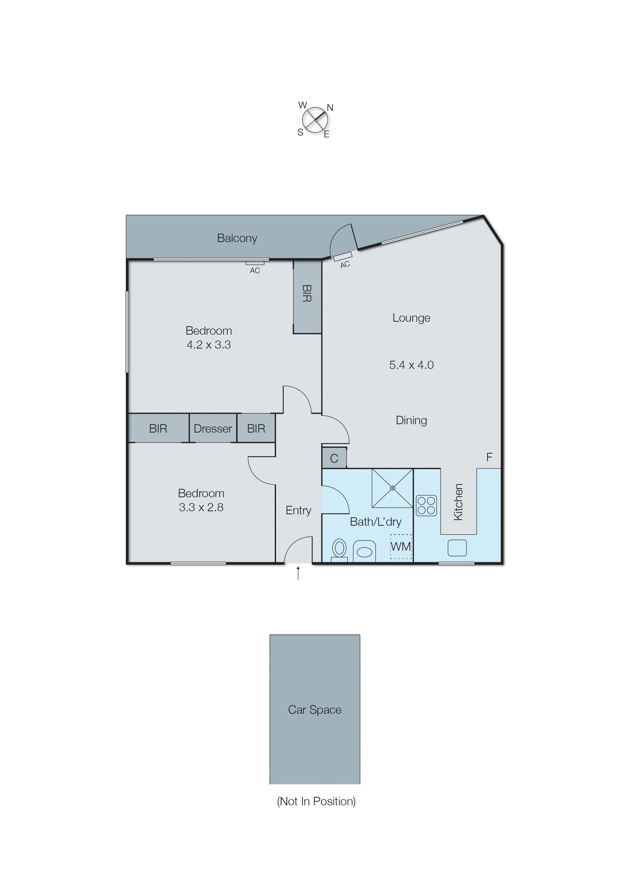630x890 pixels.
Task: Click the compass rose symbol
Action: tap(315, 120)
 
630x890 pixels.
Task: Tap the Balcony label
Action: tap(237, 238)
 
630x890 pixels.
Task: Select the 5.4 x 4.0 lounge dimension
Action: tap(411, 365)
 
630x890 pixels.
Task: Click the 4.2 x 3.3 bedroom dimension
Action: tap(209, 345)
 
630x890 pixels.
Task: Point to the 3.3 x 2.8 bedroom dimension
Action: tap(201, 507)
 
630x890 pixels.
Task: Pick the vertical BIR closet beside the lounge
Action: tap(307, 297)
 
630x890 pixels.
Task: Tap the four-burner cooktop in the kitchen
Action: tap(426, 505)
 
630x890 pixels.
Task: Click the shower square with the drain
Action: tap(392, 488)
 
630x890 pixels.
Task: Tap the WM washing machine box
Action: tap(401, 546)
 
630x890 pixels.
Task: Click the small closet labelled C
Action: tap(334, 458)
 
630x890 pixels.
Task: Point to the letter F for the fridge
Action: tap(489, 457)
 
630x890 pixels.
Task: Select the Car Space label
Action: tap(315, 709)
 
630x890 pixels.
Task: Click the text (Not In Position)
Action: tap(316, 801)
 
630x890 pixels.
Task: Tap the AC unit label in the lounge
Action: tap(345, 264)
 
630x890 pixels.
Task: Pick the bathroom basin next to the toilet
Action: tap(364, 551)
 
